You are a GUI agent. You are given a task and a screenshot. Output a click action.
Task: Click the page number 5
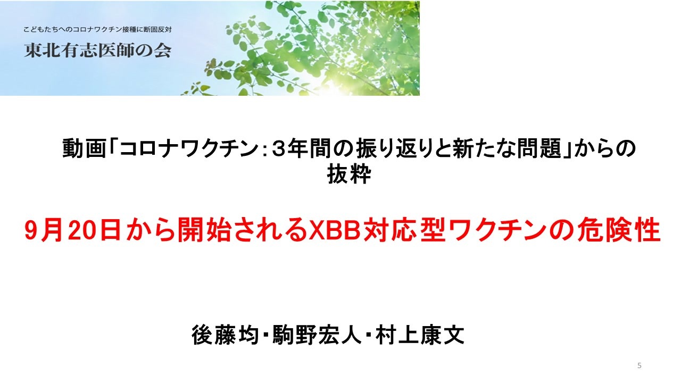(x=639, y=365)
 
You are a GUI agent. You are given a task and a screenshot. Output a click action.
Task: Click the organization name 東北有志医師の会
(x=97, y=51)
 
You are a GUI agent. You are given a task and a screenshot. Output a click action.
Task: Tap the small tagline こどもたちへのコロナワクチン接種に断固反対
(x=97, y=30)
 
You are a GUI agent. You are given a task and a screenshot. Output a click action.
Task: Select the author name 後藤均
(x=225, y=335)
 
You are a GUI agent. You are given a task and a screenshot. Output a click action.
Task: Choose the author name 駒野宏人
(x=317, y=335)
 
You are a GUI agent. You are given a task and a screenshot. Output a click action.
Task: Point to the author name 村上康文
(x=420, y=335)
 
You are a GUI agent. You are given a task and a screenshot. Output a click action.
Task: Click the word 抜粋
(x=349, y=174)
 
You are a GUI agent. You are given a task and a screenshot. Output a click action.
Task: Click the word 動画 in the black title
(x=84, y=148)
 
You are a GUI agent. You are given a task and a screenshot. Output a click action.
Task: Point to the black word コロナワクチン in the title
(x=189, y=148)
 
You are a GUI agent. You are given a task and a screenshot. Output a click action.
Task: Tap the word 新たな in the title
(x=484, y=148)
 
